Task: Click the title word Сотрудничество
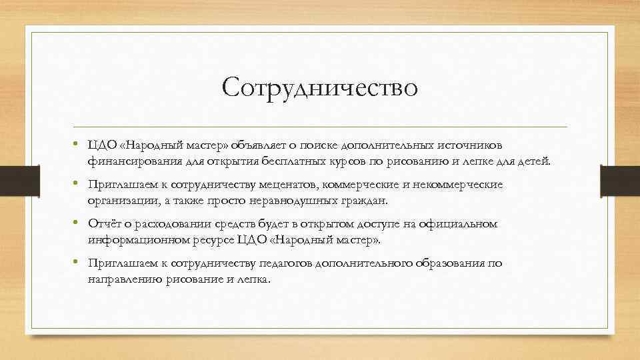click(x=320, y=87)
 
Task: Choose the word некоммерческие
click(x=464, y=185)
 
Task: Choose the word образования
click(x=447, y=263)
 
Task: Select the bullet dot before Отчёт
click(x=77, y=223)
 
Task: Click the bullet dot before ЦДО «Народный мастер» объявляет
click(x=77, y=145)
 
